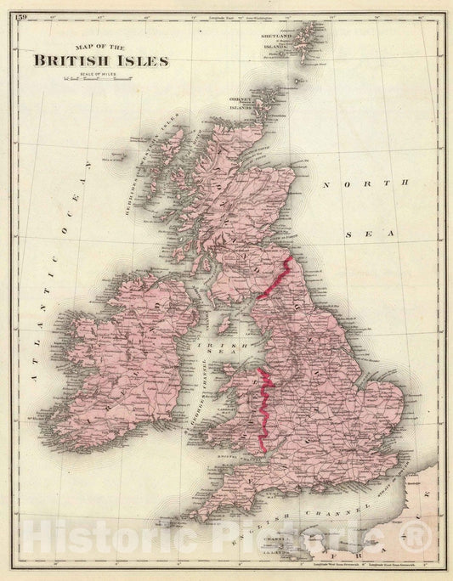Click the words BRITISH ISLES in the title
point(101,60)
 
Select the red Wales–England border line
point(264,408)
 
